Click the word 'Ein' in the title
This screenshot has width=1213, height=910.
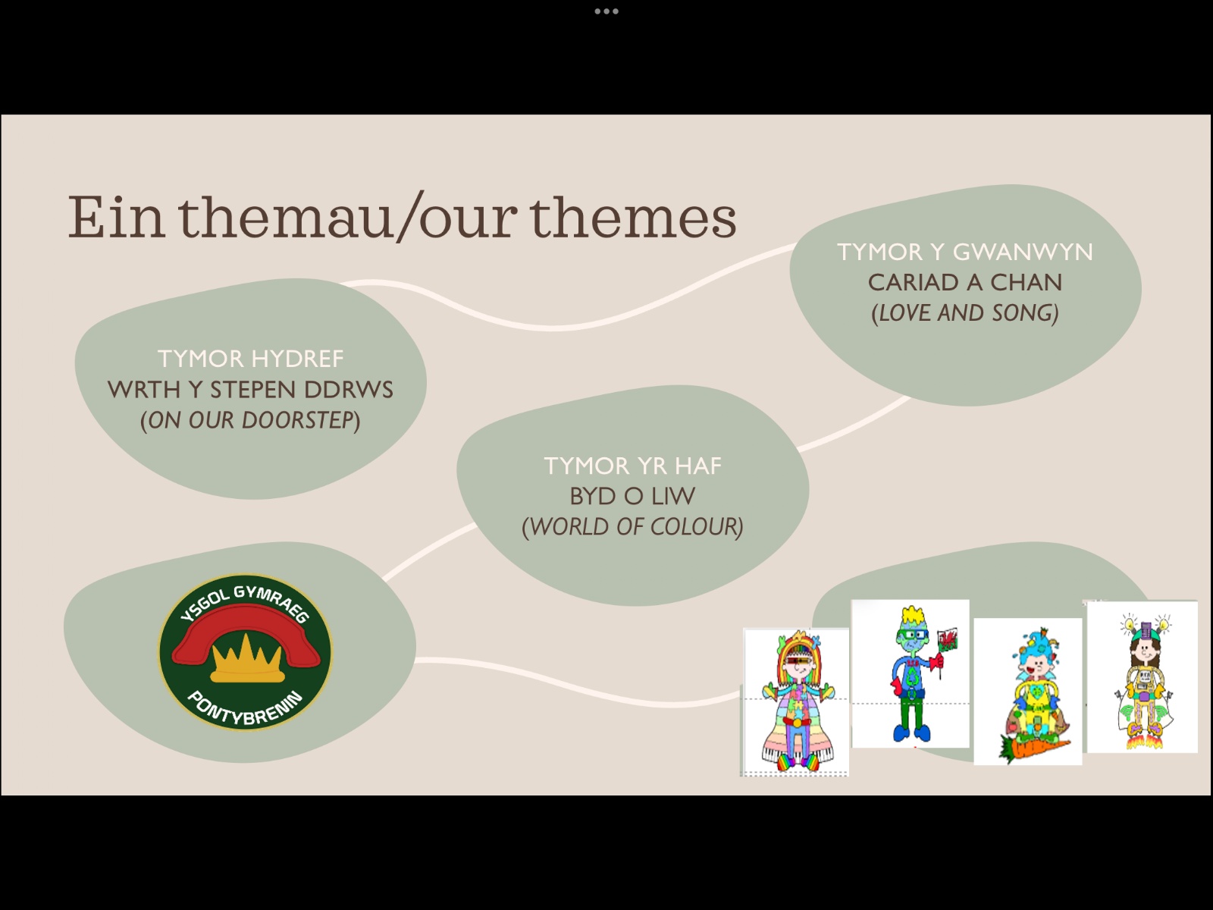[116, 217]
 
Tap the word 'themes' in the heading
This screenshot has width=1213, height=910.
[633, 217]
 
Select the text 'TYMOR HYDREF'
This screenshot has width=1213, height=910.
[250, 359]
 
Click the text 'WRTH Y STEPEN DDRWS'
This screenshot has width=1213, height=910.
[250, 390]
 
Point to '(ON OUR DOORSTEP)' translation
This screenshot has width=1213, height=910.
[250, 420]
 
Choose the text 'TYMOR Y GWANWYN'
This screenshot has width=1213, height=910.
[965, 252]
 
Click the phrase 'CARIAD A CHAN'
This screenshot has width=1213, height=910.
[965, 282]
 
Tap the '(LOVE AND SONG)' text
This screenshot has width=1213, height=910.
[965, 313]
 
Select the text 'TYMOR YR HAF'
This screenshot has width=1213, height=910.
[633, 466]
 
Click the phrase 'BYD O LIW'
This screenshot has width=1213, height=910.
[633, 496]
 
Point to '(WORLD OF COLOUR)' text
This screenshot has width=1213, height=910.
[633, 527]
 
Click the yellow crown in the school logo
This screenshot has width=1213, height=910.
[246, 658]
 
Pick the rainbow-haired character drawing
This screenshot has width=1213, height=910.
[796, 702]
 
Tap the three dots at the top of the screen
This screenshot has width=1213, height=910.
[606, 11]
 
